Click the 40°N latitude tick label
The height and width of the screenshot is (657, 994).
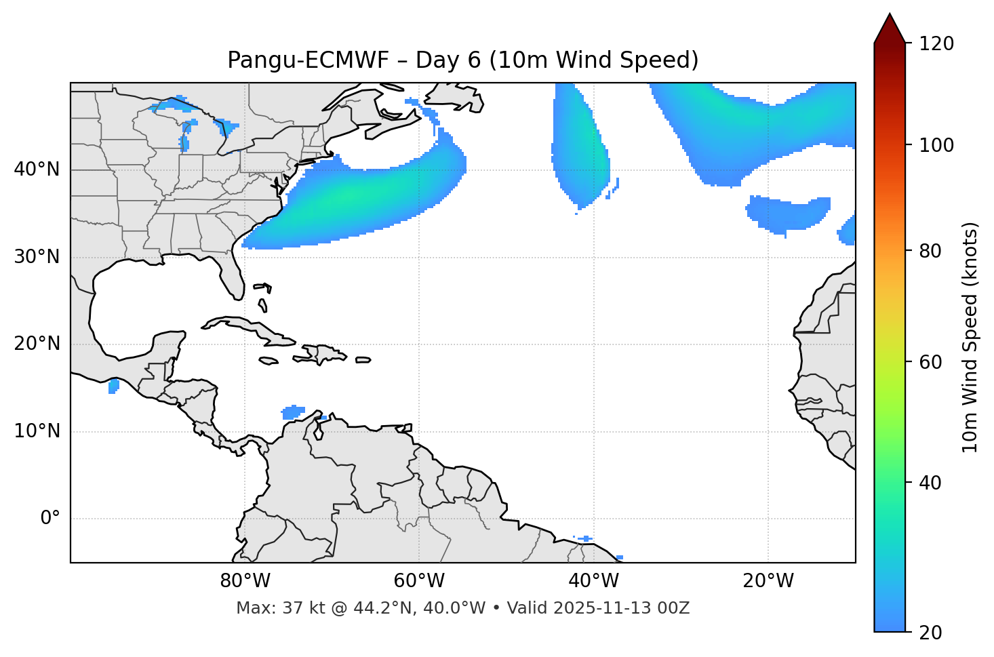click(x=37, y=170)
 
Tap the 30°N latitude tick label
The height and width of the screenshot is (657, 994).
click(x=37, y=257)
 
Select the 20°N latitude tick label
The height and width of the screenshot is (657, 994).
click(x=37, y=344)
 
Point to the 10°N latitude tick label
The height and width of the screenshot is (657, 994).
click(x=37, y=431)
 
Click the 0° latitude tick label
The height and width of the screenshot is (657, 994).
click(x=49, y=519)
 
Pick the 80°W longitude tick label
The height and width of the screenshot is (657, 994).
click(x=245, y=581)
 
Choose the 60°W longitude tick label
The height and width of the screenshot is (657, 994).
click(x=419, y=581)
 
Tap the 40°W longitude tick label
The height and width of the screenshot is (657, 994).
click(x=594, y=581)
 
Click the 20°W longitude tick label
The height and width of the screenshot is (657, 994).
click(x=768, y=581)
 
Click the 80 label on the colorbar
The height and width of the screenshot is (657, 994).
click(x=933, y=251)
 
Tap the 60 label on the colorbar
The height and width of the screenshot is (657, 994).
click(x=933, y=362)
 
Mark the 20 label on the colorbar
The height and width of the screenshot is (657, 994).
click(x=933, y=633)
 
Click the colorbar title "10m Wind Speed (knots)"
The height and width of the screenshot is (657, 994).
click(x=970, y=338)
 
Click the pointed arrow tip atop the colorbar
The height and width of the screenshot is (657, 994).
click(x=890, y=16)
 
